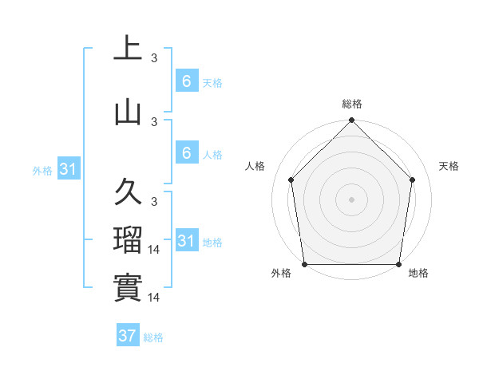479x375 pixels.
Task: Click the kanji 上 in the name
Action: coord(128,48)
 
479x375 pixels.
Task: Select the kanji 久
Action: coord(128,192)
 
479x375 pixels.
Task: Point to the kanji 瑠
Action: coord(128,239)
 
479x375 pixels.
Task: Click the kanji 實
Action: coord(128,286)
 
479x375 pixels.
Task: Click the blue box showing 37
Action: coord(128,336)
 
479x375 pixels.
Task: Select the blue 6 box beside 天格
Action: coord(186,81)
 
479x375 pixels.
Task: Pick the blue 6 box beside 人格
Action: coord(186,153)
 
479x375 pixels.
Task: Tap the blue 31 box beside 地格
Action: coord(186,241)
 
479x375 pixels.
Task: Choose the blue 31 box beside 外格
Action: coord(69,169)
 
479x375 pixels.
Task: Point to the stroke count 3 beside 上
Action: coord(154,57)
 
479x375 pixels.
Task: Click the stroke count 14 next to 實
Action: coord(156,298)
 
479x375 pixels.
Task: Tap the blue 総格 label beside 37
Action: coord(153,337)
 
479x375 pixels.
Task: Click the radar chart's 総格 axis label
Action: coord(352,104)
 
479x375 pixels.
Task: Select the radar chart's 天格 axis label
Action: coord(449,166)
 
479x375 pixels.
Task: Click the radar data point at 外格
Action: coord(304,264)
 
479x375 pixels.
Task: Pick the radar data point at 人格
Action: coord(291,180)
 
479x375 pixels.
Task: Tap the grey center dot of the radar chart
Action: coord(352,199)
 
